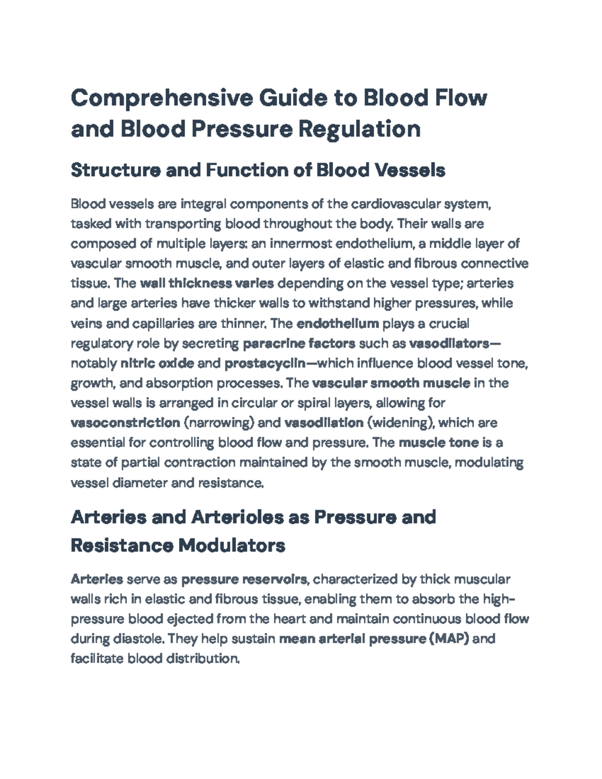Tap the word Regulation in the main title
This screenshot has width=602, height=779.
359,129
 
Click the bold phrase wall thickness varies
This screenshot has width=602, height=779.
207,283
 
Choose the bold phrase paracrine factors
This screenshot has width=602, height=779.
299,344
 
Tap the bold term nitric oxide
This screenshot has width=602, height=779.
158,363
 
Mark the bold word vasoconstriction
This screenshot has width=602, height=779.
125,423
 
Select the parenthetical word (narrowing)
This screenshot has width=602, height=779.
219,423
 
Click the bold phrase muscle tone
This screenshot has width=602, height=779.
438,443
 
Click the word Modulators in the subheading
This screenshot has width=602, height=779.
232,545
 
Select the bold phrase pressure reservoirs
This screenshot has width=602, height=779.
244,579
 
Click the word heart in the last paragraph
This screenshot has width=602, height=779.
291,619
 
